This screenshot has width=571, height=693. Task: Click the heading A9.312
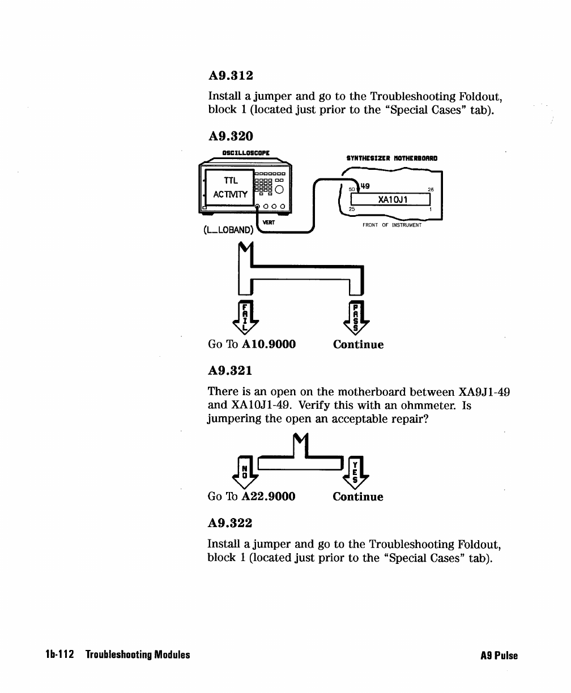231,75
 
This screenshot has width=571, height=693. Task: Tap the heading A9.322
231,523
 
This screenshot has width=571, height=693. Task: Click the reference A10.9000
269,344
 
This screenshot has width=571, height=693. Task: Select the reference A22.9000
269,497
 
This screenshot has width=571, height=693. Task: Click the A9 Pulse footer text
498,656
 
